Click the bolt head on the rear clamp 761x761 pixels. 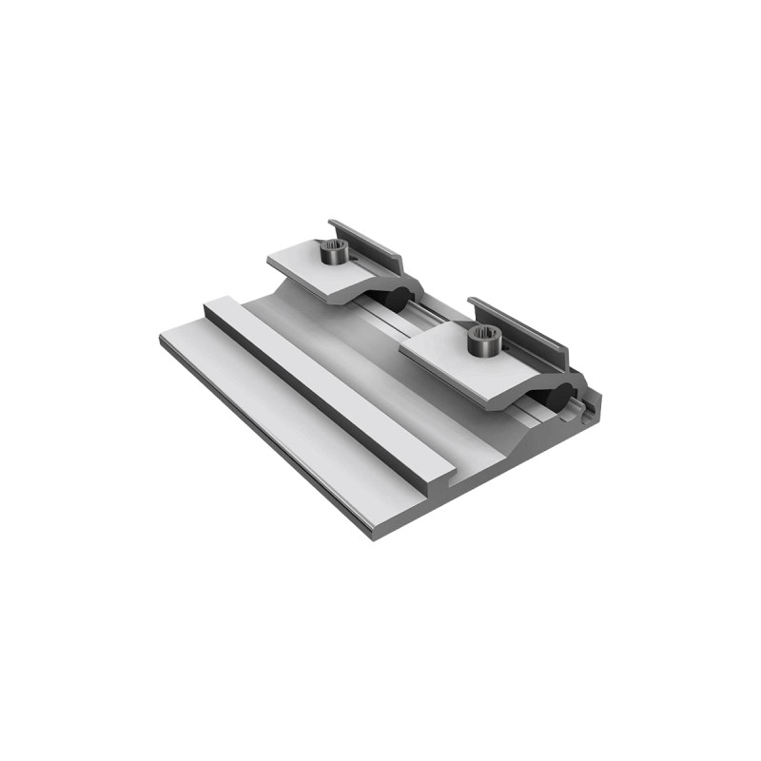(x=332, y=253)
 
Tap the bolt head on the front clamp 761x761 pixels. (x=482, y=341)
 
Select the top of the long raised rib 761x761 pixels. (x=323, y=380)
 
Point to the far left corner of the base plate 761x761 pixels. (x=162, y=339)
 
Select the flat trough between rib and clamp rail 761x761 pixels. (x=380, y=380)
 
